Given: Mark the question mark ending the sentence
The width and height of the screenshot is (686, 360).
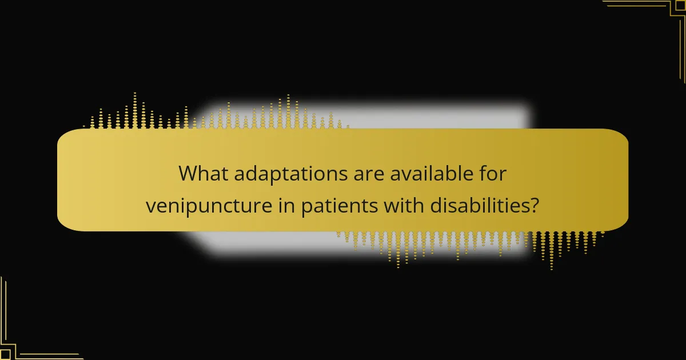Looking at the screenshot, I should pyautogui.click(x=534, y=205).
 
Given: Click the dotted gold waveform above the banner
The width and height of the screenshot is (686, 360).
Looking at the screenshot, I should pyautogui.click(x=217, y=114).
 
